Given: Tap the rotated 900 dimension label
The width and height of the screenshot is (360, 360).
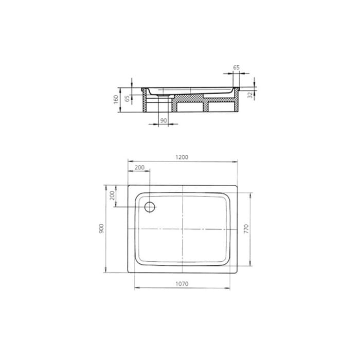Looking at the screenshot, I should (x=102, y=228).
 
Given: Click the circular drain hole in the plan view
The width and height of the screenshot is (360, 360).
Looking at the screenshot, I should (x=150, y=207).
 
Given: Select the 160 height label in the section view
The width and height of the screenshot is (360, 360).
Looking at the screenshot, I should (x=117, y=98).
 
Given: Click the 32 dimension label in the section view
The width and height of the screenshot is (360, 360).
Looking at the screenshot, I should (x=249, y=94).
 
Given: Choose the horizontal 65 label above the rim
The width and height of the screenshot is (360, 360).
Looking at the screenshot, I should (x=236, y=67).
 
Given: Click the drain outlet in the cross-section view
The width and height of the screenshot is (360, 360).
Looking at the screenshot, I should (x=164, y=95).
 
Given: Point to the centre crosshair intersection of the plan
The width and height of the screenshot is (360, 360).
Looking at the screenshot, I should (x=183, y=228).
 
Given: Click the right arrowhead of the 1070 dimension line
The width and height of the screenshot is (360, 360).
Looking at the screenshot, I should (x=232, y=288).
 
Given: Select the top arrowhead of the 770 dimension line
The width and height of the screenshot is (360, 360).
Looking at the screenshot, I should (x=251, y=195).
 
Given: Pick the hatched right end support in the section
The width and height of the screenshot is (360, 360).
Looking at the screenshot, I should (x=237, y=102).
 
